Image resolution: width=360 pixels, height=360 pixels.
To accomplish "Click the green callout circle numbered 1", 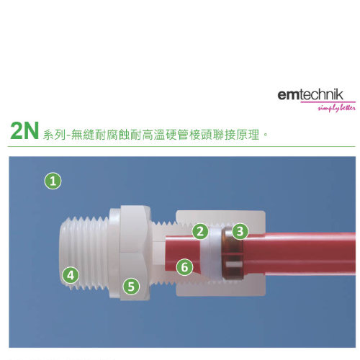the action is click(53, 181).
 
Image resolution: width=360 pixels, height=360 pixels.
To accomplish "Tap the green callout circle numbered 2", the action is click(200, 231).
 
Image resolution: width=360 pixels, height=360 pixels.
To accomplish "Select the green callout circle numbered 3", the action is click(240, 231).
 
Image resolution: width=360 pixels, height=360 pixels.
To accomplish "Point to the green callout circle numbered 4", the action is click(71, 275).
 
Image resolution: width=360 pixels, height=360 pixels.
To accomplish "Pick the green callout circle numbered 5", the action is click(131, 287).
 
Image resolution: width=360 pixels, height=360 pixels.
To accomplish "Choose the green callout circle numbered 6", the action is click(184, 267).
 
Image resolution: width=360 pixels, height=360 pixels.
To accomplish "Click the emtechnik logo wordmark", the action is click(310, 95).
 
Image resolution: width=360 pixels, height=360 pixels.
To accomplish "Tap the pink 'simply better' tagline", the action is click(337, 108).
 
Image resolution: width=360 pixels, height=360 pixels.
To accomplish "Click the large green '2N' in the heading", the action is click(24, 130).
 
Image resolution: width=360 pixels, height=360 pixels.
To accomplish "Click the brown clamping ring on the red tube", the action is click(233, 253).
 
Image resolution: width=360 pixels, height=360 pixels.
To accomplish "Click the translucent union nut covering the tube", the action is click(221, 253).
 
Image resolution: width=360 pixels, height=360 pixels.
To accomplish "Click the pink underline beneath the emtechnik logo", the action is click(328, 102).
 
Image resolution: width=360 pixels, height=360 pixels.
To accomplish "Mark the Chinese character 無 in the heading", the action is click(77, 135).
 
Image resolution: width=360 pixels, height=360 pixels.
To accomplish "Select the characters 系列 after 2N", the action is click(54, 135).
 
